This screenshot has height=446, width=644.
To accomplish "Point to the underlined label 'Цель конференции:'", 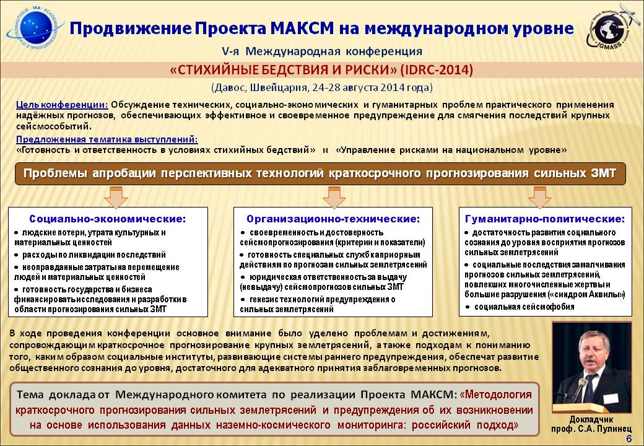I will pos(62,105).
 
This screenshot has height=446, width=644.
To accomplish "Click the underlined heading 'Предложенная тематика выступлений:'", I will pos(107,139).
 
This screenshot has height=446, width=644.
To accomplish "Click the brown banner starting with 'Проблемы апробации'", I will pos(320,173).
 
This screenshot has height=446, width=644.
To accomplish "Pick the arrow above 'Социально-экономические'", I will pos(116,198).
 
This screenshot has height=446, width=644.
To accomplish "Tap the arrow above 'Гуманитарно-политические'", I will pos(539,198).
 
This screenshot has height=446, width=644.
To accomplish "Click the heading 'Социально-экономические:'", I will pos(108,219).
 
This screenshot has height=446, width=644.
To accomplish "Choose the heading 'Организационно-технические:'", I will pos(333,219).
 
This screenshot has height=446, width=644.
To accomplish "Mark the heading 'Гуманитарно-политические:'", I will pos(545,219).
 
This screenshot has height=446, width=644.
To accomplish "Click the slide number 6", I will pos(629,439).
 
